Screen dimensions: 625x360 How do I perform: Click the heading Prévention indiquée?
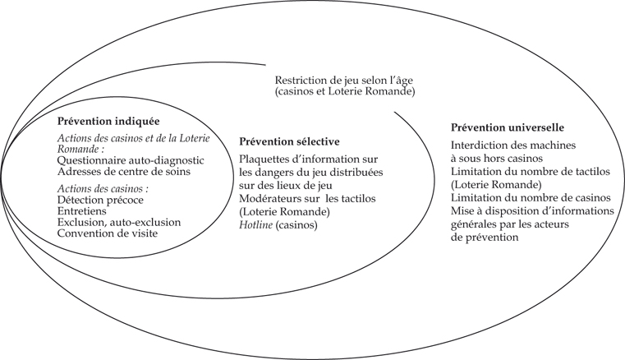coord(108,122)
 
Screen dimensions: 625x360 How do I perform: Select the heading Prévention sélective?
coord(289,141)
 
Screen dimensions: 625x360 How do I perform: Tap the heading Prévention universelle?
coord(508,127)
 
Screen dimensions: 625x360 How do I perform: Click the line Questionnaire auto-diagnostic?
coord(131,160)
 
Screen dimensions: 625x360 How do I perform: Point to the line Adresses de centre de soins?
coord(124,172)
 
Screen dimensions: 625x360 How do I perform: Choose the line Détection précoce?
coord(100,200)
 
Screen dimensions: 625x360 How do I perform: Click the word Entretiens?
coord(82,210)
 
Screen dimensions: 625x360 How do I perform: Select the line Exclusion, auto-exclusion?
coord(119,222)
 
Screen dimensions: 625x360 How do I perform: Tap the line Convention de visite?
coord(108,233)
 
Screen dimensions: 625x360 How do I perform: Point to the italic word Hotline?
coord(256,225)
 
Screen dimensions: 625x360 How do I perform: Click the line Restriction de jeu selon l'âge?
coord(344,81)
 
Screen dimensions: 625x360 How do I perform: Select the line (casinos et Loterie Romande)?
coord(345,92)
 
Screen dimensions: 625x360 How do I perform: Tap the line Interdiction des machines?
coord(513,145)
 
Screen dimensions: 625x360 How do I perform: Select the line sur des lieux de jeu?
coord(286,186)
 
